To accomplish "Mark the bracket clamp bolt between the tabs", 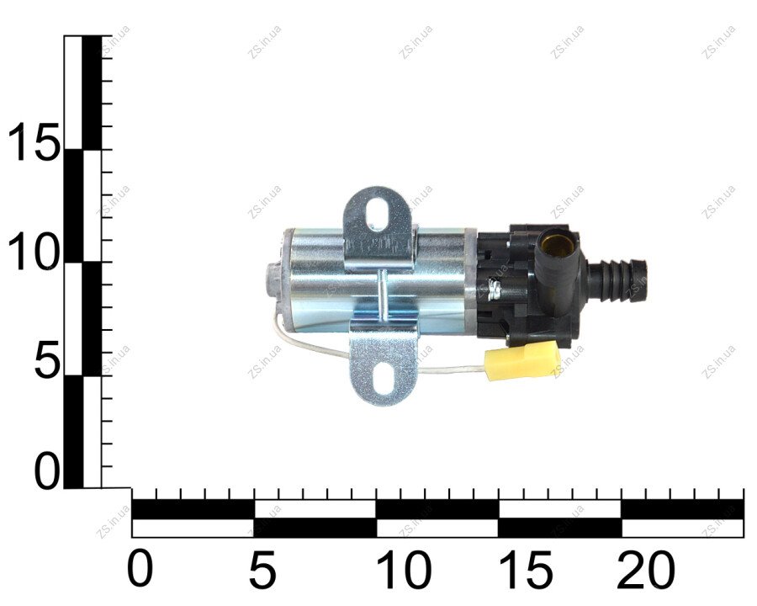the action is click(x=382, y=294).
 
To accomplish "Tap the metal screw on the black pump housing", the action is click(x=494, y=289).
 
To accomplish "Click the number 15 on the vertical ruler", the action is click(x=33, y=141).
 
